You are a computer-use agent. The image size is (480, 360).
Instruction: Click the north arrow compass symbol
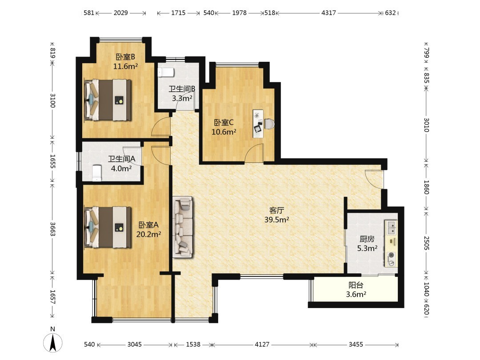52,342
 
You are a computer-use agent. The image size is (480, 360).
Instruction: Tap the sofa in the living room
182,227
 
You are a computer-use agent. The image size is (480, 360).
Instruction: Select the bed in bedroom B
108,100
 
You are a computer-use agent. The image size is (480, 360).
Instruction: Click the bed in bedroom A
108,228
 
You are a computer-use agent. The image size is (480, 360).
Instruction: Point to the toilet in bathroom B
166,72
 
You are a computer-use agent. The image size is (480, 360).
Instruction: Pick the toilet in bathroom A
97,173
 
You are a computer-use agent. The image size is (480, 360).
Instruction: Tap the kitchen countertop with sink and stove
391,244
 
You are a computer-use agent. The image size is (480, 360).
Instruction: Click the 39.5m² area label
277,220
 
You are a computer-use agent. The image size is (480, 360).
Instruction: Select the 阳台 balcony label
356,285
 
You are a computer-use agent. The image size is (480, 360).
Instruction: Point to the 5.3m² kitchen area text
367,248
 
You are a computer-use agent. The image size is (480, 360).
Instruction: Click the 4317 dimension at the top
328,13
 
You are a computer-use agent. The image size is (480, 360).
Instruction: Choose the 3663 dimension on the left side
52,229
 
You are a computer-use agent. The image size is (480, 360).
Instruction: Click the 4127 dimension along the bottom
262,344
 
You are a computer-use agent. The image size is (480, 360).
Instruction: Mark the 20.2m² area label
148,234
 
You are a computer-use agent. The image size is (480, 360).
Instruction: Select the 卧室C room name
224,123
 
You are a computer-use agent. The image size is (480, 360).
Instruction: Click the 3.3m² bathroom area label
182,98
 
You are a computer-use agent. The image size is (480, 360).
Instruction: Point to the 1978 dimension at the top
239,13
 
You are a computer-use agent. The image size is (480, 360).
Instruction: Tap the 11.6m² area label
125,66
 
